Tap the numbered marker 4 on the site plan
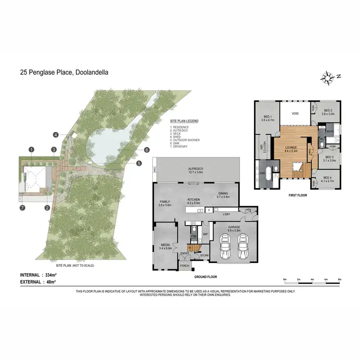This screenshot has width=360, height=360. [56, 135]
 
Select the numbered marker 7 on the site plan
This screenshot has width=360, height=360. [22, 208]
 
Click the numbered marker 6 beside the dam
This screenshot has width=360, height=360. [147, 150]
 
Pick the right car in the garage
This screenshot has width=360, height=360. [243, 247]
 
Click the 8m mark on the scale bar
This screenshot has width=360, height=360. [339, 279]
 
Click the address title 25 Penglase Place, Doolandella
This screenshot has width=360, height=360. [64, 73]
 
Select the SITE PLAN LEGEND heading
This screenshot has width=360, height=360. [184, 121]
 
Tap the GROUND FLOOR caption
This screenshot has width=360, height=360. [205, 277]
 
